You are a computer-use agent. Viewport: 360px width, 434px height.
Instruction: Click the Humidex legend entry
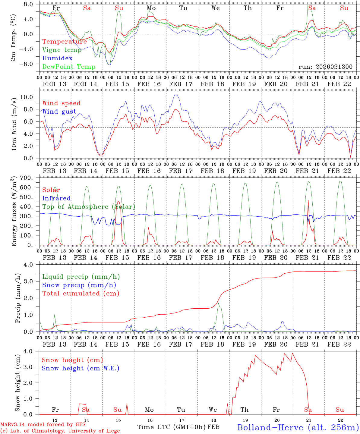click(x=57, y=58)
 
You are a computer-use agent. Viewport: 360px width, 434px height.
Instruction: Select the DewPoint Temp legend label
click(x=69, y=67)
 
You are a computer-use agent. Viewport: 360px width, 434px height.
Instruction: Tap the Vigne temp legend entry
click(x=62, y=50)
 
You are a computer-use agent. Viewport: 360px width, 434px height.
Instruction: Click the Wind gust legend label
click(x=59, y=112)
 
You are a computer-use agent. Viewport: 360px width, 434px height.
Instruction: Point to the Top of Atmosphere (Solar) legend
click(x=88, y=207)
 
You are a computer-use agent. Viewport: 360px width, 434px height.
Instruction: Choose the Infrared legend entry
click(x=56, y=198)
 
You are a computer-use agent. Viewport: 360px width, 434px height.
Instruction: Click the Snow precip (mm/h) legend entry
click(x=79, y=285)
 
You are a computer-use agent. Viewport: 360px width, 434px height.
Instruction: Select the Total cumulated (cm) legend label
click(x=81, y=293)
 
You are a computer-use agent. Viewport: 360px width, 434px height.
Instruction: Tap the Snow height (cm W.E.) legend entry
click(x=80, y=368)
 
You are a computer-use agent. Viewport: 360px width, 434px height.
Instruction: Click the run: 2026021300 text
click(x=325, y=67)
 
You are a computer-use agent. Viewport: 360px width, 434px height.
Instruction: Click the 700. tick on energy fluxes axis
click(x=30, y=178)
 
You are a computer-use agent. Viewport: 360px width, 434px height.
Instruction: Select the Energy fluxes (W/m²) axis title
click(x=14, y=212)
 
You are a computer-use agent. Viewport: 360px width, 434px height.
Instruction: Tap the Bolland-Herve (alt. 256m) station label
click(x=298, y=427)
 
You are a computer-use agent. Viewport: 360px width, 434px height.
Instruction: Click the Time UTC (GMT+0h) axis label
click(x=171, y=427)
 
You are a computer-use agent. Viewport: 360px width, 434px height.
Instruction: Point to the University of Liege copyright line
click(x=60, y=431)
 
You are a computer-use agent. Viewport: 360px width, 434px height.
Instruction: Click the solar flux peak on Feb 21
click(x=308, y=200)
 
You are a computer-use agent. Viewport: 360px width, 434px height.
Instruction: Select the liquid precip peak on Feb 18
click(x=218, y=303)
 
